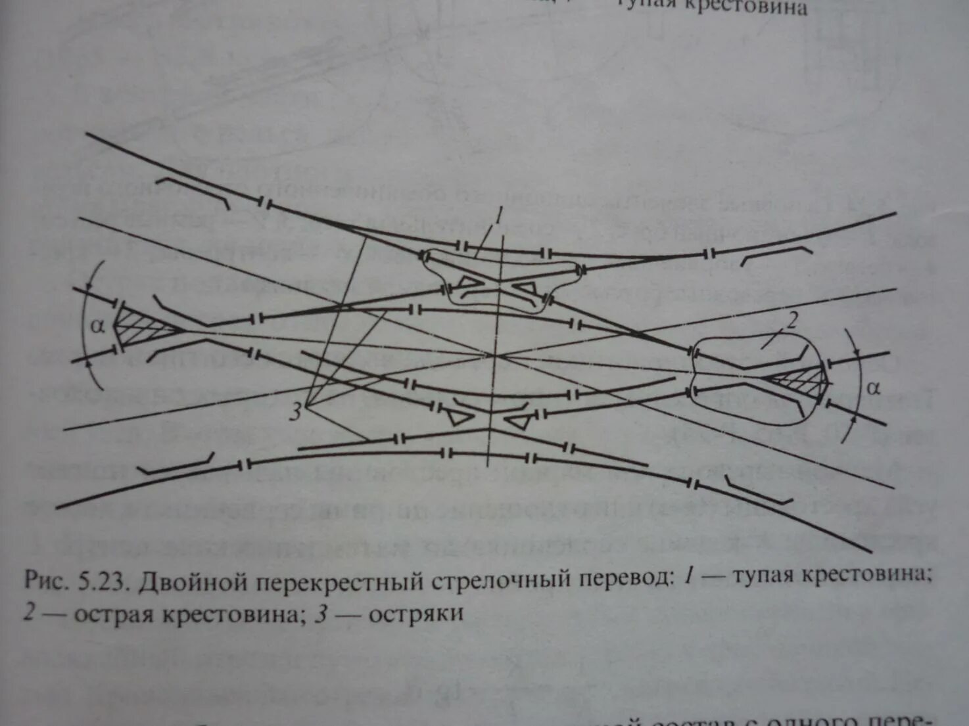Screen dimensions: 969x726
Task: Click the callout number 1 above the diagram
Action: [499, 214]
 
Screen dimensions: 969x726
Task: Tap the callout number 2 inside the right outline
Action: [792, 321]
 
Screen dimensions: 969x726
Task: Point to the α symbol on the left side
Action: [98, 325]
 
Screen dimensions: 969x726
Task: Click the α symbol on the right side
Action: [872, 388]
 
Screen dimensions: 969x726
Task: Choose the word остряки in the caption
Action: [416, 614]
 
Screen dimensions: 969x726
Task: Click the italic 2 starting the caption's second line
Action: [30, 614]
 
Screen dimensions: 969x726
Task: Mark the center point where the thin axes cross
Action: [494, 355]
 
